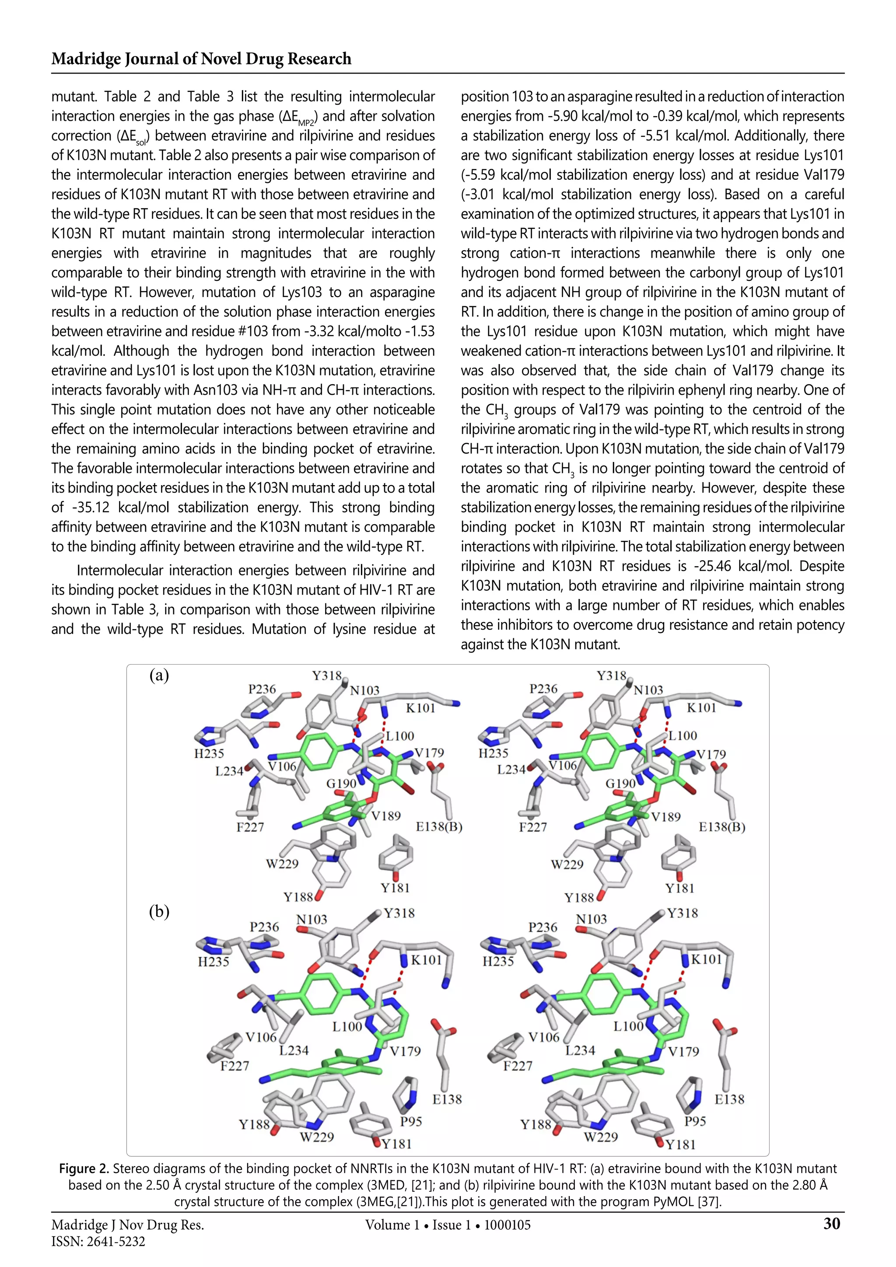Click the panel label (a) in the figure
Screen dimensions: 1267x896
(159, 675)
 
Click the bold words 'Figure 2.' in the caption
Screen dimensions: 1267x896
(84, 1169)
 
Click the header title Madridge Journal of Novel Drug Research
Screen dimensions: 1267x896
(201, 59)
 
